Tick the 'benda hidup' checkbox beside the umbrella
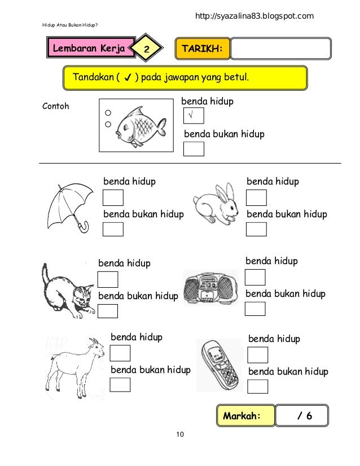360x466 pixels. click(x=113, y=199)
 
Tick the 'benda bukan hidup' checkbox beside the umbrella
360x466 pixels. click(x=113, y=230)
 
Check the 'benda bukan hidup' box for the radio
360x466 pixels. click(x=255, y=309)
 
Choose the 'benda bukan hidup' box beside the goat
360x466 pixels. click(x=120, y=385)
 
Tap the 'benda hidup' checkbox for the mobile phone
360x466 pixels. click(x=258, y=355)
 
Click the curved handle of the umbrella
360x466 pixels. click(x=84, y=227)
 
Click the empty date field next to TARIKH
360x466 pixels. click(x=281, y=49)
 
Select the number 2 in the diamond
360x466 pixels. click(x=146, y=50)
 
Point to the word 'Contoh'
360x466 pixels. click(x=56, y=106)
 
